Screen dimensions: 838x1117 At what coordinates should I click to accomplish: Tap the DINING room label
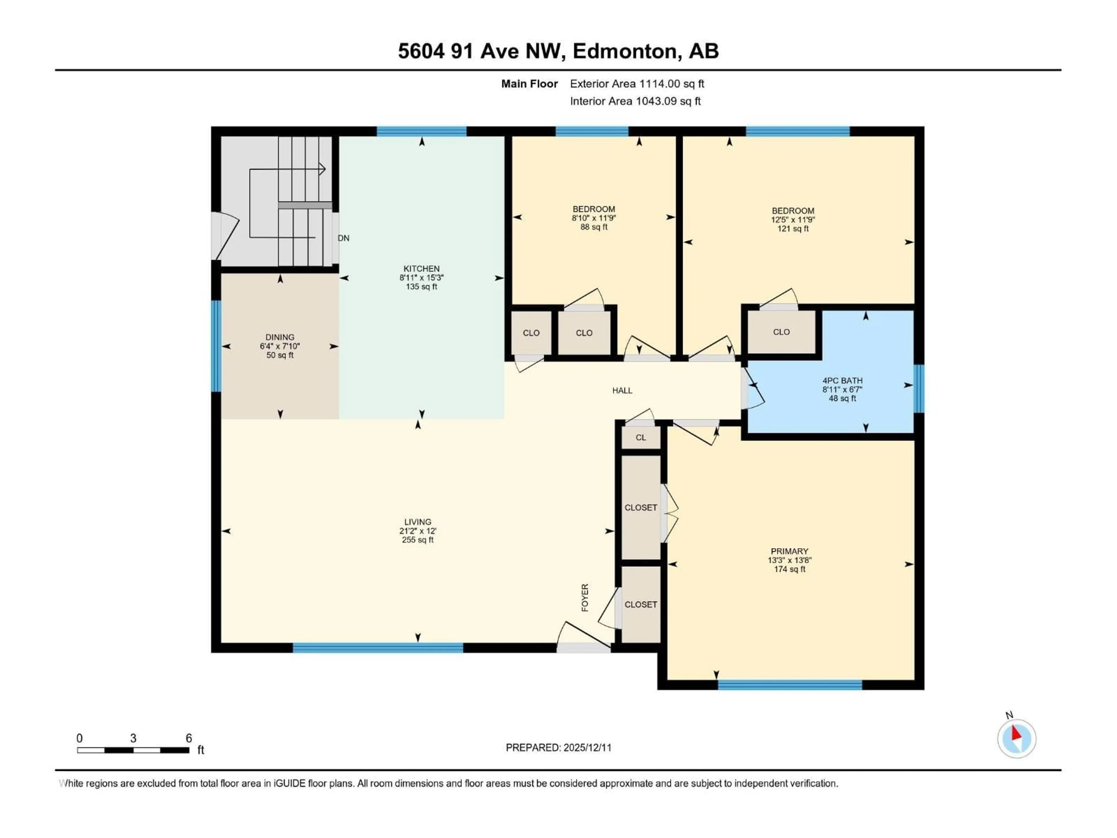tap(280, 337)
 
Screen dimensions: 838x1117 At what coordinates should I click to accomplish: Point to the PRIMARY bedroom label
tap(789, 551)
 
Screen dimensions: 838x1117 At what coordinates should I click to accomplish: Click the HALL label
tap(622, 390)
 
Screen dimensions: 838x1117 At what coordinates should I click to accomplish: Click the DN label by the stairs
tap(343, 238)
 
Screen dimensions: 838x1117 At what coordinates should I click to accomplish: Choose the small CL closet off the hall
tap(640, 437)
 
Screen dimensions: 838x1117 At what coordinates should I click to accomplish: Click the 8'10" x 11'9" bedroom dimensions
tap(594, 218)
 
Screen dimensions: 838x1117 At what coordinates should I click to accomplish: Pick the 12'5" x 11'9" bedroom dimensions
tap(793, 220)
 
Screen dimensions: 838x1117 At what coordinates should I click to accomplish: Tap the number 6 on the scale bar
tap(189, 738)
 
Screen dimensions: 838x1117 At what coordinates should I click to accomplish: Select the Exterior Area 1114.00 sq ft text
tap(637, 84)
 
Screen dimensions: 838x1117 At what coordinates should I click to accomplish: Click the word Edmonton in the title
tap(625, 51)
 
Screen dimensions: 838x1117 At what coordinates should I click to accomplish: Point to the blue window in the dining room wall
tap(216, 346)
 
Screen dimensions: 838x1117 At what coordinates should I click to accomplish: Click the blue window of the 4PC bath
tap(919, 388)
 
